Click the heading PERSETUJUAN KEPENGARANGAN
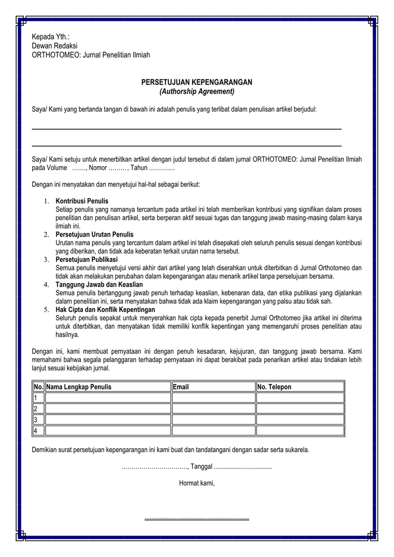[x=196, y=82]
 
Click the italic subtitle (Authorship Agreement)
[x=196, y=91]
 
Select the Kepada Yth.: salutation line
[x=55, y=37]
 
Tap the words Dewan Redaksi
[x=55, y=46]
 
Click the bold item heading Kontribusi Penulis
[x=82, y=201]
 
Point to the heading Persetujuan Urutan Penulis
[x=94, y=234]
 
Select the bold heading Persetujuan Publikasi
[x=86, y=259]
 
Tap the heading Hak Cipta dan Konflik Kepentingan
[x=105, y=309]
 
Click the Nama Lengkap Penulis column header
[x=79, y=387]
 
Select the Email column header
[x=181, y=387]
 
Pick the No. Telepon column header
[x=275, y=387]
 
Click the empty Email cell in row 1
[x=213, y=398]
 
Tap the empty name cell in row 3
[x=108, y=420]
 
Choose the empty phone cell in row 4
[x=299, y=431]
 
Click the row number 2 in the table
[x=35, y=409]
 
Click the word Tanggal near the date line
[x=201, y=466]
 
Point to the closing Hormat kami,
[x=196, y=483]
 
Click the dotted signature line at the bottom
[x=196, y=518]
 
